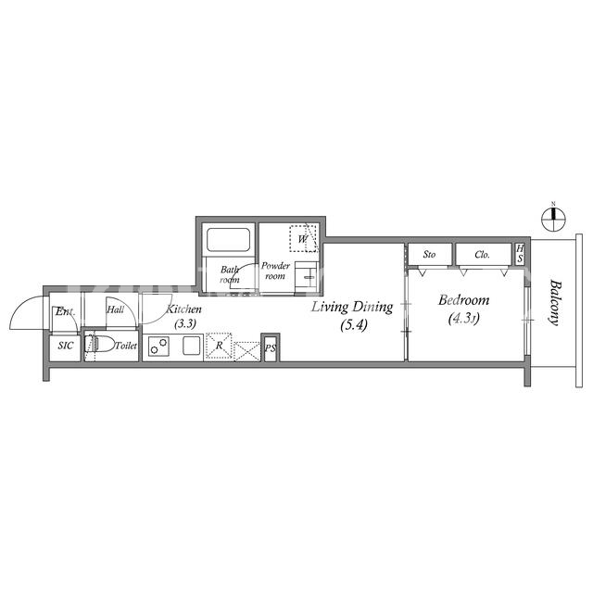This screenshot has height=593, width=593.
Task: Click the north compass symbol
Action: click(553, 219)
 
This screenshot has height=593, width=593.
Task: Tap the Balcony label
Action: click(554, 302)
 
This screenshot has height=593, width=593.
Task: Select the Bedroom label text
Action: click(463, 300)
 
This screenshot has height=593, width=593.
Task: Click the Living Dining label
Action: click(352, 307)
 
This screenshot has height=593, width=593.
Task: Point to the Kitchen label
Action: click(184, 309)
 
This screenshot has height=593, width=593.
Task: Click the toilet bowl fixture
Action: click(100, 345)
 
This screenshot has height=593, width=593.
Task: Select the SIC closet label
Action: click(66, 346)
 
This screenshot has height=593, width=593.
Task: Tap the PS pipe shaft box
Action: click(271, 347)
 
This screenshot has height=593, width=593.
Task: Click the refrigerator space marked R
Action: click(219, 346)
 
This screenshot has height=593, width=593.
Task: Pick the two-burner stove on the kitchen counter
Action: click(158, 346)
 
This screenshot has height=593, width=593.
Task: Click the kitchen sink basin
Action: click(192, 346)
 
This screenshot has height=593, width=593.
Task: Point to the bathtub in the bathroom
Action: click(229, 239)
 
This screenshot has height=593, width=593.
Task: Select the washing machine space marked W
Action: click(304, 239)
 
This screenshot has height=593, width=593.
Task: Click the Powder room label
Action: click(275, 271)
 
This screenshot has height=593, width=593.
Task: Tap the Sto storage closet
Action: click(430, 255)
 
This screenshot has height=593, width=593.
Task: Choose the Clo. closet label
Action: click(482, 255)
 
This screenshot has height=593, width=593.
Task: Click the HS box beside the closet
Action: click(521, 254)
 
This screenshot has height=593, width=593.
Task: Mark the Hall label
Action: click(115, 309)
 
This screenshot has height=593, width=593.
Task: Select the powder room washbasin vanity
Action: click(306, 277)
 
